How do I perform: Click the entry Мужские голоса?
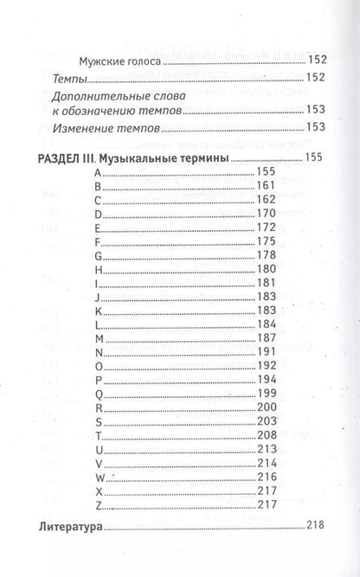pyautogui.click(x=121, y=61)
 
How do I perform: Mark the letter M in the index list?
pyautogui.click(x=99, y=338)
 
